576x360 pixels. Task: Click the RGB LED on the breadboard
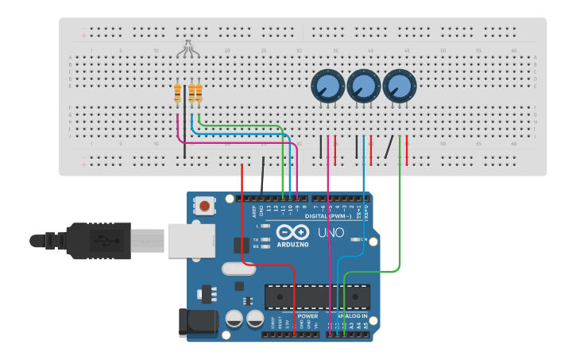tap(187, 49)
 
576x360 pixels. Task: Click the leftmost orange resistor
tap(177, 94)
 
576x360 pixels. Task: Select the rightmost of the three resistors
tap(199, 94)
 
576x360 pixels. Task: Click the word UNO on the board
tap(331, 234)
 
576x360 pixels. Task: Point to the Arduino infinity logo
tap(292, 232)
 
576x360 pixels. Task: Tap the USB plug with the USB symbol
tap(99, 240)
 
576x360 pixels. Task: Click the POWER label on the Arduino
tap(307, 315)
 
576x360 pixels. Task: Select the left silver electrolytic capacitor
tap(234, 319)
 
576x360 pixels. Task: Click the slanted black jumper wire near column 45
tap(389, 147)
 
